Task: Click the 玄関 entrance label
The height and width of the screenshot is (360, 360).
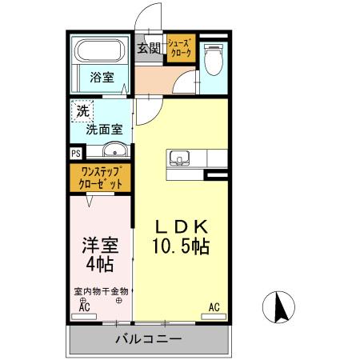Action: click(x=149, y=48)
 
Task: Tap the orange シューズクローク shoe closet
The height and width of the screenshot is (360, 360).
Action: click(x=179, y=48)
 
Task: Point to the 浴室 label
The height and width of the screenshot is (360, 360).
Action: click(x=101, y=78)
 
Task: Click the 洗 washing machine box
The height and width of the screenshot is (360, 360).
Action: click(x=82, y=111)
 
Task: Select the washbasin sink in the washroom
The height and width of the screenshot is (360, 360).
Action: click(x=114, y=150)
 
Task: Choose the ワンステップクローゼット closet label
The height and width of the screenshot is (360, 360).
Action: click(x=100, y=177)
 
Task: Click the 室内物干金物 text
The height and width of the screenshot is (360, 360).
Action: click(x=101, y=292)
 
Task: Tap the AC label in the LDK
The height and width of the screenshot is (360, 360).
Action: click(x=214, y=306)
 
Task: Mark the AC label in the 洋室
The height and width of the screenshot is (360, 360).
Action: click(x=84, y=306)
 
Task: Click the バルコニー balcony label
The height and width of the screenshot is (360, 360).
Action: click(x=148, y=338)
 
